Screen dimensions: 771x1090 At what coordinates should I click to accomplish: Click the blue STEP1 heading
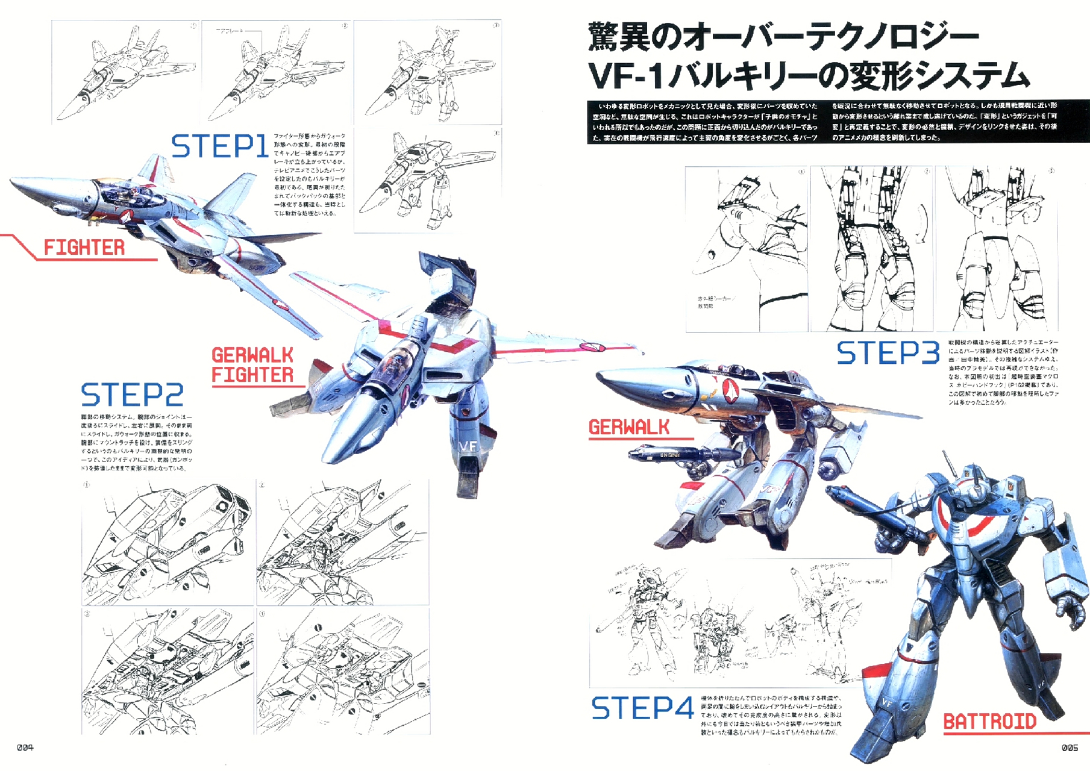click(219, 146)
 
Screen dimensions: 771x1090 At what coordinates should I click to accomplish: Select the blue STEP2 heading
click(132, 395)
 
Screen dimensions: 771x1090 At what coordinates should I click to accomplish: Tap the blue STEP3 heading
click(888, 353)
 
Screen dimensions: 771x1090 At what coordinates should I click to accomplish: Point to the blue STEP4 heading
click(642, 708)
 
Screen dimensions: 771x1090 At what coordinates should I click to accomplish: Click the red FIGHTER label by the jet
click(84, 248)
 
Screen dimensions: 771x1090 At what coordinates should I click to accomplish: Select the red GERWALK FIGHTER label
click(252, 365)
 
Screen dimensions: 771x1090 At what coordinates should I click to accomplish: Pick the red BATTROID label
click(989, 722)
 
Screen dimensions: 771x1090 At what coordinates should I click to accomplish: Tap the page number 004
click(25, 748)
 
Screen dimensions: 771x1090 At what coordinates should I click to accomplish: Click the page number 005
click(1070, 748)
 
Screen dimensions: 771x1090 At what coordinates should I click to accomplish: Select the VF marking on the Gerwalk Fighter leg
click(468, 446)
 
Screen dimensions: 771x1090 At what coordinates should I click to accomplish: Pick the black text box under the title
click(838, 122)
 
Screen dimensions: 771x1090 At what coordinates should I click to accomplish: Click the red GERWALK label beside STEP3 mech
click(628, 428)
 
